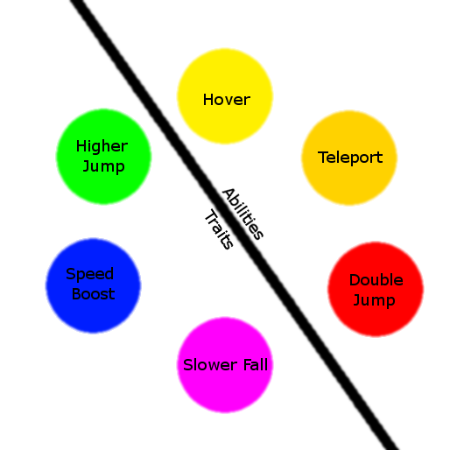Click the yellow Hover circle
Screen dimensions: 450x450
225,96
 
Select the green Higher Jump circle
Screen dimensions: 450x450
103,157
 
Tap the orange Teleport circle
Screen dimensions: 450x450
349,158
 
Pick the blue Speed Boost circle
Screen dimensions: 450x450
94,285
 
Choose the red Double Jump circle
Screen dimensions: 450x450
376,289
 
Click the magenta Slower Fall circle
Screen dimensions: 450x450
225,365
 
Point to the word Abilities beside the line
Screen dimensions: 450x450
243,214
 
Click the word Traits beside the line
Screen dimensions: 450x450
219,229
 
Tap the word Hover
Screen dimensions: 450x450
227,100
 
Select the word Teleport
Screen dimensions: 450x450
350,158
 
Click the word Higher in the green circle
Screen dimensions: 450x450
102,146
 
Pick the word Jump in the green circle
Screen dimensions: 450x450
104,167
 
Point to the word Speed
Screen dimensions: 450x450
90,274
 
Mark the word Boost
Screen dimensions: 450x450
94,293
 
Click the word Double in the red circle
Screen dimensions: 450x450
376,280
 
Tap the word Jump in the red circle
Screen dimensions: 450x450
375,300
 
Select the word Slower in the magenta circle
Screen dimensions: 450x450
210,365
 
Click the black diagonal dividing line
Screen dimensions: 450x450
235,225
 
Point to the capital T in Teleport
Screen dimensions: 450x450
322,158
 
